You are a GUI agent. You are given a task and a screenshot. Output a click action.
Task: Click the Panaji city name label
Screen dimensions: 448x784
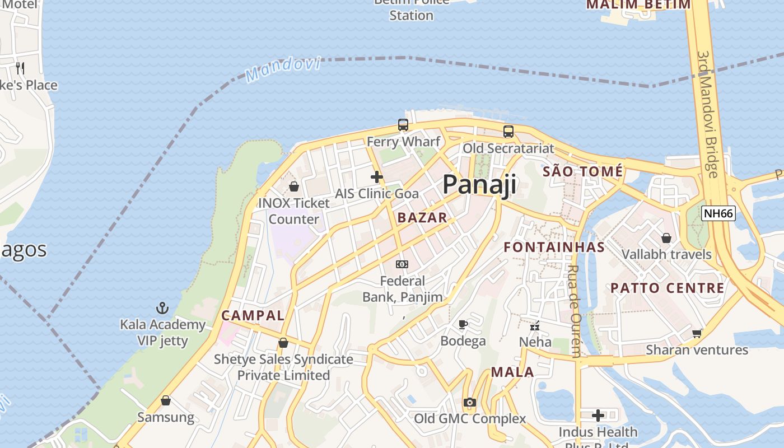click(x=479, y=185)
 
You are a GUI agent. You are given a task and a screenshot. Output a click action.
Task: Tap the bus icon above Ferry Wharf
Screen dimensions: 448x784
click(x=403, y=125)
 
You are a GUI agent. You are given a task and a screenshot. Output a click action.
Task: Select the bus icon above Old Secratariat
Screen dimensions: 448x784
click(x=508, y=132)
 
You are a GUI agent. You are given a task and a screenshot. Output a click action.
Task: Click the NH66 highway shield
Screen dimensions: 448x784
click(x=718, y=213)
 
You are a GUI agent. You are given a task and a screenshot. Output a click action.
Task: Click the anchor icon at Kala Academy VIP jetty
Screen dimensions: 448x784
click(x=162, y=308)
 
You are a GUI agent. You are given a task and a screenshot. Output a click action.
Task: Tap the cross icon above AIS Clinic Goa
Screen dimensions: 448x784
click(x=377, y=178)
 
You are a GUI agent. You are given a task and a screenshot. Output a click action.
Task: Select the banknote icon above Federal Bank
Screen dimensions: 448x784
click(x=402, y=264)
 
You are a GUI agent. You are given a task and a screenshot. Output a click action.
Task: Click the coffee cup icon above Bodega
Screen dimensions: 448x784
click(x=463, y=324)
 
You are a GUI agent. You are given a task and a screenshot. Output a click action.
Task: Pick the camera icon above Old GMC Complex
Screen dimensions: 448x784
click(x=469, y=402)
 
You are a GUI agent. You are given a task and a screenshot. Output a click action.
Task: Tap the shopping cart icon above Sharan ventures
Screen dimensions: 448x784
click(x=697, y=333)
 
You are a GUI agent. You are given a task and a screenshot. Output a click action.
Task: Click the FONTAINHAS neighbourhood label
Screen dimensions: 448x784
click(x=554, y=247)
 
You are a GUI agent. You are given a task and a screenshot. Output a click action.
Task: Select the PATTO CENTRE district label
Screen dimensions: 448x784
click(x=667, y=288)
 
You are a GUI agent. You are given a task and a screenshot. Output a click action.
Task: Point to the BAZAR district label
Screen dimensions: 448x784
click(x=422, y=218)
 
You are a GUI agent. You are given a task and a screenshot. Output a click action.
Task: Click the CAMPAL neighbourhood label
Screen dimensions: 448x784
click(x=253, y=315)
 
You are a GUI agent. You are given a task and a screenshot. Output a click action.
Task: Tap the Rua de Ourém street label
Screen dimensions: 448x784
click(x=574, y=311)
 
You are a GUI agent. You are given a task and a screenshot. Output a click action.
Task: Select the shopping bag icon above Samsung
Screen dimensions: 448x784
click(x=165, y=401)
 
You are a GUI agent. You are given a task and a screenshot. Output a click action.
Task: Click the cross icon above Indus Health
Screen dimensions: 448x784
click(x=598, y=416)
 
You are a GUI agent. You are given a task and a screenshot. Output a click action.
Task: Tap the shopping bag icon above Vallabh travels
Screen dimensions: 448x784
click(x=666, y=239)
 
